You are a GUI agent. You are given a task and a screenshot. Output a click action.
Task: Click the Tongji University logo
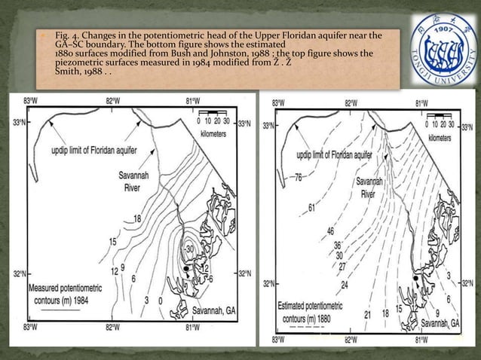point(440,47)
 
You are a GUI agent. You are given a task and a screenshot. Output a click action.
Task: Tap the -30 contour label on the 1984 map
point(189,249)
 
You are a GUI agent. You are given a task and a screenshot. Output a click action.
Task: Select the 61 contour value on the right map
point(311,208)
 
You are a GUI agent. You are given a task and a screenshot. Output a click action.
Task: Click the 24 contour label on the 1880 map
point(344,285)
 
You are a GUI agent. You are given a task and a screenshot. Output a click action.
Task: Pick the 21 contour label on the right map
point(368,314)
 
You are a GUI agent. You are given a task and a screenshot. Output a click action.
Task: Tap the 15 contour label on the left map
point(112,242)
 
